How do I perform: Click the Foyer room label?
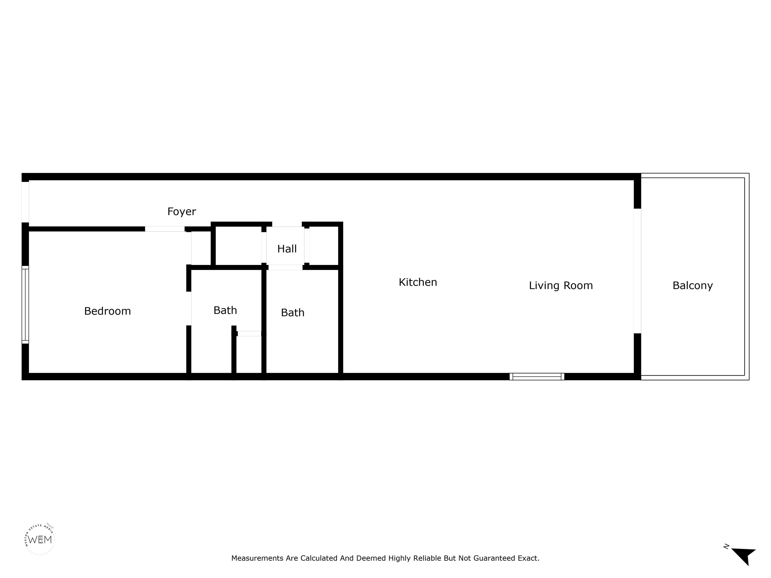[182, 211]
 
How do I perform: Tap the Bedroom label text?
[107, 311]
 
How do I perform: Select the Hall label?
[287, 249]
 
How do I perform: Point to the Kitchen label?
[418, 282]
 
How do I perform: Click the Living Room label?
[561, 285]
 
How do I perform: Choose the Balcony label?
[693, 285]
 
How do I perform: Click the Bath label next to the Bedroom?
[225, 310]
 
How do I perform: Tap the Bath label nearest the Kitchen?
[293, 313]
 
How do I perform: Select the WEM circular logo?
[40, 540]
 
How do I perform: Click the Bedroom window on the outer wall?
[25, 305]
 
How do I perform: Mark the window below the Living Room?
[537, 377]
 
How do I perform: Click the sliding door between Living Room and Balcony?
[637, 271]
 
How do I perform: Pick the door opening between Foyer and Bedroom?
[165, 229]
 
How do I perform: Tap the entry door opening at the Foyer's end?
[25, 202]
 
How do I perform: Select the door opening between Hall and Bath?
[285, 267]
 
